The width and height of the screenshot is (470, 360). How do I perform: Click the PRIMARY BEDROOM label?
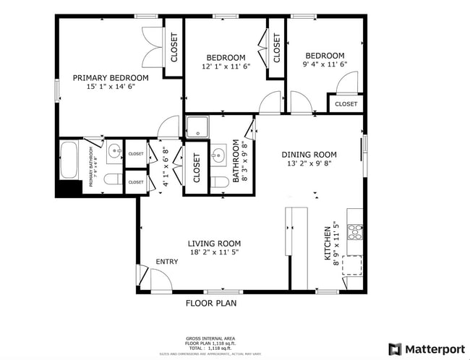point(111,78)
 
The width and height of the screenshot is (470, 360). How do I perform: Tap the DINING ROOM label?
point(309,154)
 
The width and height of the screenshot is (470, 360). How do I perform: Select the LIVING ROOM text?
point(215,244)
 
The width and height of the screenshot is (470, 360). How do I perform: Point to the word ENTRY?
point(166,262)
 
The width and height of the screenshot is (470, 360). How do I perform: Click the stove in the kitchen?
point(355,232)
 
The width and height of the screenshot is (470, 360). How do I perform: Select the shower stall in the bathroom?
point(196,127)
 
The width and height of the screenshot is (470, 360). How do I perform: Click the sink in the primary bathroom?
point(114,153)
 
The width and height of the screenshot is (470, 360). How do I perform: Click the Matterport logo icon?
point(395,349)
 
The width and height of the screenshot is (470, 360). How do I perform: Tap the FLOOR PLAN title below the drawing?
point(211,304)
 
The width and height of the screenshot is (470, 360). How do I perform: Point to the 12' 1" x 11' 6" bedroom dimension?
point(226,67)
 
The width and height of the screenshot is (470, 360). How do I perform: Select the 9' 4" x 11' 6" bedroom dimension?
point(325,64)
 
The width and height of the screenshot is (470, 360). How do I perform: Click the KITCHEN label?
point(328,243)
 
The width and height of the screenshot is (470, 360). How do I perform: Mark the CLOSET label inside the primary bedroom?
point(174,48)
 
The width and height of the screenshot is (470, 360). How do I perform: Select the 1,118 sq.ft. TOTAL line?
point(211,348)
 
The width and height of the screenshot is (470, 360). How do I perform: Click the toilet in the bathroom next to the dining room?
point(220,181)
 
